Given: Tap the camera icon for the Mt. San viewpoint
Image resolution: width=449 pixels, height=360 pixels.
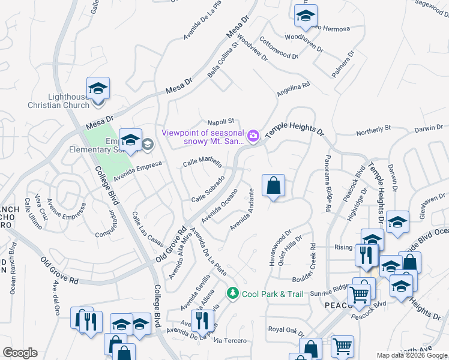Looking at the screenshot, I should [x=253, y=136].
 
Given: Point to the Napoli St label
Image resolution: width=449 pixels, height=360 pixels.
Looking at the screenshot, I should [x=220, y=122].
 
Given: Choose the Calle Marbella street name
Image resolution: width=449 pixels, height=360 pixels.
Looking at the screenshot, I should [x=202, y=163].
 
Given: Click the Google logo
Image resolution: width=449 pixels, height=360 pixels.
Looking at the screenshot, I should [x=20, y=353].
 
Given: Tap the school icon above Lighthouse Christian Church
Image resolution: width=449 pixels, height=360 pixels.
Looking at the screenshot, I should [x=98, y=88].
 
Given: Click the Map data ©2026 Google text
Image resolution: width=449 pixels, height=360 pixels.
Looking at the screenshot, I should [x=412, y=355].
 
